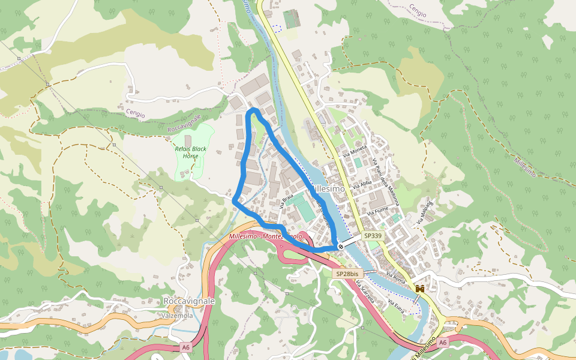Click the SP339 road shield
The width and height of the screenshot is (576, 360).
[x=373, y=237]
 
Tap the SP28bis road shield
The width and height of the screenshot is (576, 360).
[x=347, y=274]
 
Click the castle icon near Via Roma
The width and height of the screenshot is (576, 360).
[x=420, y=289]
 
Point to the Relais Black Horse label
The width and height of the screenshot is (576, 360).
[x=191, y=152]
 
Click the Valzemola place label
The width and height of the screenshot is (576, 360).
[x=177, y=316]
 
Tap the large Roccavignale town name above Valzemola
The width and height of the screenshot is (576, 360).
[x=189, y=301]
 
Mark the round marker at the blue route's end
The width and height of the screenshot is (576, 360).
[x=341, y=246]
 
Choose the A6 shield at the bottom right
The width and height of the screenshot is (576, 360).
[x=442, y=342]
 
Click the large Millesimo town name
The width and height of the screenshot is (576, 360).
[x=327, y=188]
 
